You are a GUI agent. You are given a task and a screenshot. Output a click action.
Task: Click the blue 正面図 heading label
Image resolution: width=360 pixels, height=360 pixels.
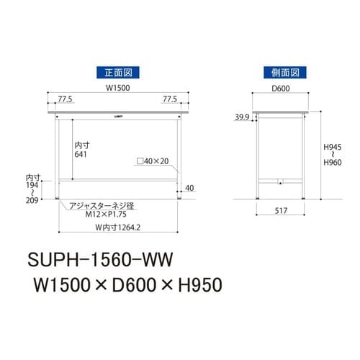point(116,72)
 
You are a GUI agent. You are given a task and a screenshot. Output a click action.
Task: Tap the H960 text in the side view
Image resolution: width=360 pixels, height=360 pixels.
point(332,163)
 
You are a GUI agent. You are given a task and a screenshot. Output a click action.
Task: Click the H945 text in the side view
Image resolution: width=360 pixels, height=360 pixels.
point(332,147)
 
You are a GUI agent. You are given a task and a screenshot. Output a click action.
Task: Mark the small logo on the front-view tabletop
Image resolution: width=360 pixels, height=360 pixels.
point(117,114)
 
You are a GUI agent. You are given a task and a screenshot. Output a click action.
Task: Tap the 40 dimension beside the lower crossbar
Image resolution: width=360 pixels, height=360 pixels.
point(189,188)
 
